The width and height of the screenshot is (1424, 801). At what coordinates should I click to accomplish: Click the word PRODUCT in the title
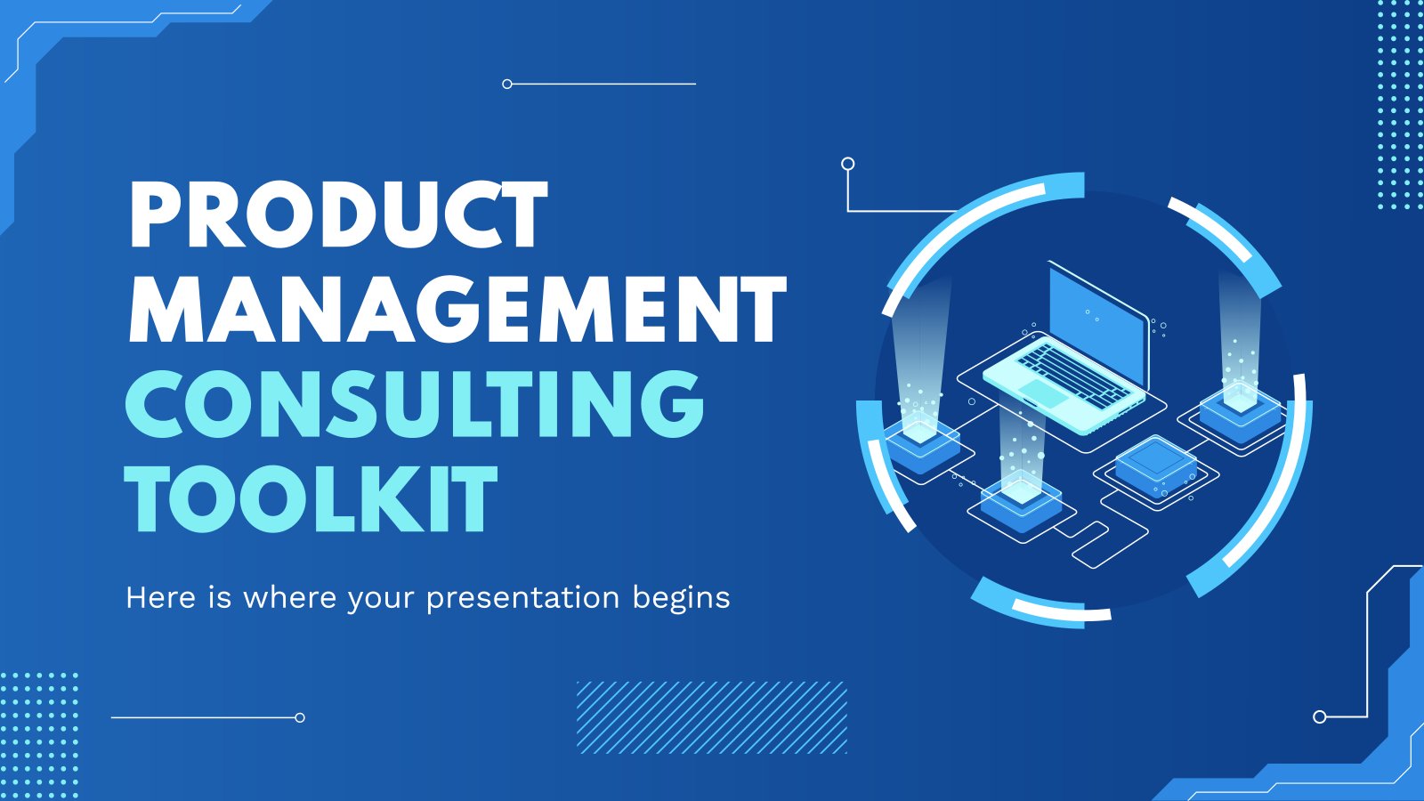tap(338, 214)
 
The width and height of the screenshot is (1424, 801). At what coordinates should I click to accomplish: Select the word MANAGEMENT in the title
tap(457, 309)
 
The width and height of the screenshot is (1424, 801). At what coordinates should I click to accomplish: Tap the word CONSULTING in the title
tap(415, 404)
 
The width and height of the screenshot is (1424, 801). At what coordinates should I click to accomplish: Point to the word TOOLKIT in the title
tap(311, 498)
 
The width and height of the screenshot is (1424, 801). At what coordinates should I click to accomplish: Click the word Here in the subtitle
tap(161, 597)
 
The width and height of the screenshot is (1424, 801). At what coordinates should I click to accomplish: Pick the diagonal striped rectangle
tap(712, 717)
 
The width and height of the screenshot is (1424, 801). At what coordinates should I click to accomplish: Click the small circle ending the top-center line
tap(506, 84)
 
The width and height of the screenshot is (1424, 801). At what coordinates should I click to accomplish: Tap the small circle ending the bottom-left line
tap(300, 717)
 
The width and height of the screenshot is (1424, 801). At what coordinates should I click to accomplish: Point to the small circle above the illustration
tap(847, 164)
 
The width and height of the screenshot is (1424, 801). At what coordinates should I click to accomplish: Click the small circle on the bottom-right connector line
tap(1320, 717)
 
